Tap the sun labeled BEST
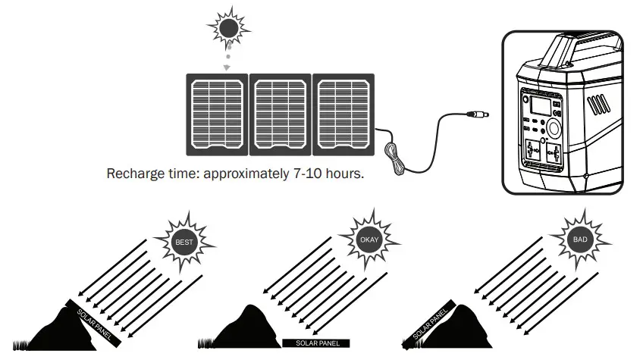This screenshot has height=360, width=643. click(x=184, y=243)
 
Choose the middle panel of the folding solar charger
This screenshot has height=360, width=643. click(x=281, y=111)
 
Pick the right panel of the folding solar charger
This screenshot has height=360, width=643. click(x=343, y=111)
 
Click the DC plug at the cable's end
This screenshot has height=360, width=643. click(x=478, y=115)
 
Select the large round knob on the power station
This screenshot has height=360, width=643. click(x=554, y=127)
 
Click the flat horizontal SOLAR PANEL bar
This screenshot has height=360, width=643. click(x=316, y=343)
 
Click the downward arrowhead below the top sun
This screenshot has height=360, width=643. click(x=226, y=68)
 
